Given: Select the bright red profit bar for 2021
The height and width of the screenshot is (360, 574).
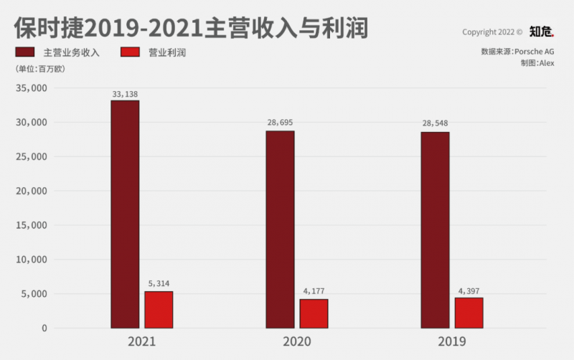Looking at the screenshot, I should (x=159, y=309).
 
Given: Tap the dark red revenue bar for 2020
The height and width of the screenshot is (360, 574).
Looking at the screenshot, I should (x=280, y=229).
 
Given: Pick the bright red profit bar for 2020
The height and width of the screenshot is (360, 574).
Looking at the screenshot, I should (x=314, y=313).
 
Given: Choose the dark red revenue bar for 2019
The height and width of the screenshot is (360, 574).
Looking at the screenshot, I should (x=435, y=229).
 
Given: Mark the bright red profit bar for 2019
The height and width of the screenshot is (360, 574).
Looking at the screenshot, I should (x=469, y=313).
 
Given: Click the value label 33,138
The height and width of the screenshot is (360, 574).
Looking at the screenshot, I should (x=125, y=93).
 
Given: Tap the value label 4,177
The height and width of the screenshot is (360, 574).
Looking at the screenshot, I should (x=314, y=291).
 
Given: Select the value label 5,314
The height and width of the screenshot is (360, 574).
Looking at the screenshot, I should (x=159, y=283).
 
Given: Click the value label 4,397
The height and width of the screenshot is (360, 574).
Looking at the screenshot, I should (x=469, y=290).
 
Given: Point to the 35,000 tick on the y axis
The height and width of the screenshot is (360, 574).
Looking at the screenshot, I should (x=30, y=88).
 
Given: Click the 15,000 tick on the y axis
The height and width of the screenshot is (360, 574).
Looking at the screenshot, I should (x=30, y=225).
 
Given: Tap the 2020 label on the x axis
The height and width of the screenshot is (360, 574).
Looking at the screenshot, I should (x=296, y=341).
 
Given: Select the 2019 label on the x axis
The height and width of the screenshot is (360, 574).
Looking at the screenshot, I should (x=451, y=341).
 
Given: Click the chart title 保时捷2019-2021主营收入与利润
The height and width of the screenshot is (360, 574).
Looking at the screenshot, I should (x=190, y=27).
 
